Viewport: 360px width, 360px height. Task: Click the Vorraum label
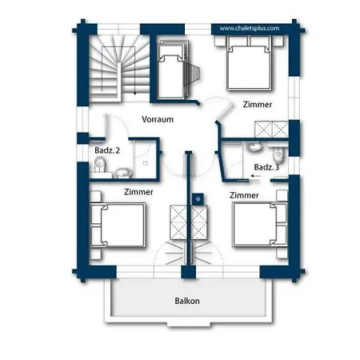click(158, 119)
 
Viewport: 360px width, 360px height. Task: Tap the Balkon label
click(187, 301)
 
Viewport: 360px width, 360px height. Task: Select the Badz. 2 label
click(107, 150)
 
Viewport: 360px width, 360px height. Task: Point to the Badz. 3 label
click(266, 167)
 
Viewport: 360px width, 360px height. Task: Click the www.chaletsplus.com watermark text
click(250, 28)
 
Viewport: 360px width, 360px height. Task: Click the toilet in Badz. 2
click(100, 164)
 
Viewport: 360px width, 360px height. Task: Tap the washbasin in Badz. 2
click(123, 173)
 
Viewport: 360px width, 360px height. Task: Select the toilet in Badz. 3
click(278, 155)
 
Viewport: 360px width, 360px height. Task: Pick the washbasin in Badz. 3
click(254, 147)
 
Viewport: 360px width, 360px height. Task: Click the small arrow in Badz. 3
click(256, 176)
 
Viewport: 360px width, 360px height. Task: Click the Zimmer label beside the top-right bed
click(258, 104)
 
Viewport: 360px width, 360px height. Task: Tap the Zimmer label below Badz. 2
click(138, 192)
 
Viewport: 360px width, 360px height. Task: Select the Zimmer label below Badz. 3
click(244, 195)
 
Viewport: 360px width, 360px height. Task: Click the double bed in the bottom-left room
click(118, 225)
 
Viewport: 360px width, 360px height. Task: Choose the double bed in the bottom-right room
click(260, 224)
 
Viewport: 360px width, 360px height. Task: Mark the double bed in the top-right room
click(249, 63)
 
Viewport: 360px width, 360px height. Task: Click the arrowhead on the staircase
click(135, 94)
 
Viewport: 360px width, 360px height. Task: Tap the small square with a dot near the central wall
click(198, 199)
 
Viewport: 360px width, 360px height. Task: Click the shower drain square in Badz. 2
click(146, 163)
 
